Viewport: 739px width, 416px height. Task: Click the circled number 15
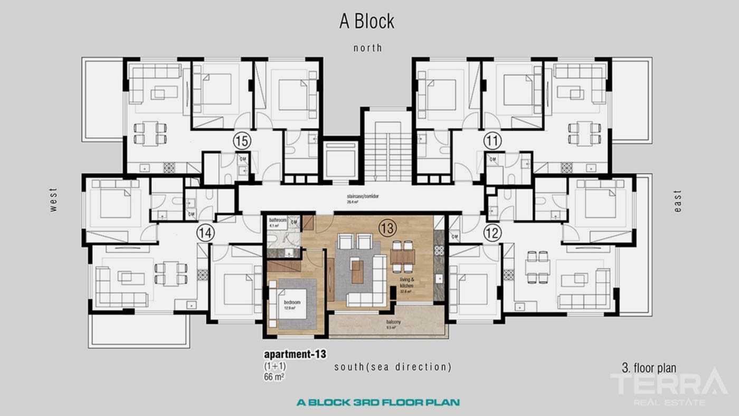(x=242, y=141)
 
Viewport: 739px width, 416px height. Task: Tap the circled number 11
(x=492, y=141)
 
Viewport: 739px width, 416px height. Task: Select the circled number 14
(x=205, y=233)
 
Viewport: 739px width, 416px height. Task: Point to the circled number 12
(x=492, y=233)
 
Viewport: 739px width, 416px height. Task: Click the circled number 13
(x=387, y=228)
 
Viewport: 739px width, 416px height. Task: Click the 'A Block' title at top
(x=366, y=21)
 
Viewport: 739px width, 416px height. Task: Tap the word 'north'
(x=367, y=48)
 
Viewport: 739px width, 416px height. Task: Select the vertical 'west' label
(x=53, y=200)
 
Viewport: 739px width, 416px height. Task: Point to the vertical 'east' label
(x=678, y=201)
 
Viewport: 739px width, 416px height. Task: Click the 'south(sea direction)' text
(x=393, y=367)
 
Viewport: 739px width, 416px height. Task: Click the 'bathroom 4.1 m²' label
(x=278, y=222)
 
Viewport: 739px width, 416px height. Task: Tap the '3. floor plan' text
(x=649, y=368)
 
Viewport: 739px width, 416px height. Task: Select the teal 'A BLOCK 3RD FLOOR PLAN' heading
(x=378, y=402)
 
